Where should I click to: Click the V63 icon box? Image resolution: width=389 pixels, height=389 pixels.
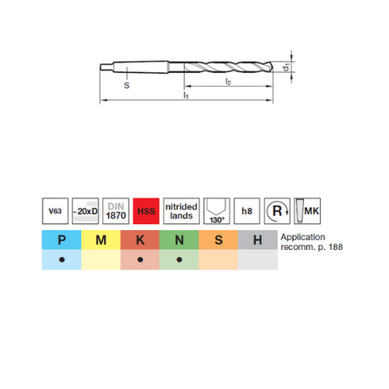click(x=55, y=211)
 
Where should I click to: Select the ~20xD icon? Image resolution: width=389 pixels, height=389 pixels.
click(x=86, y=211)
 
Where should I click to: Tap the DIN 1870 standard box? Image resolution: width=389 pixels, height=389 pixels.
click(x=116, y=211)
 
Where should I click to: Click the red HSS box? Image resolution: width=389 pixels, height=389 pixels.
click(x=146, y=211)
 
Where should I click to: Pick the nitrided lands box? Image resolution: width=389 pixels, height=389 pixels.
click(x=181, y=211)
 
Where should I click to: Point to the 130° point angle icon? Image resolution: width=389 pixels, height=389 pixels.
click(x=217, y=211)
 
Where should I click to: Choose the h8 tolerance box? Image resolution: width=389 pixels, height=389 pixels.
click(x=247, y=211)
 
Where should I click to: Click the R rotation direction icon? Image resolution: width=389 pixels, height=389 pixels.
click(x=277, y=211)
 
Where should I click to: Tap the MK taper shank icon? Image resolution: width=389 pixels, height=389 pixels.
click(x=307, y=211)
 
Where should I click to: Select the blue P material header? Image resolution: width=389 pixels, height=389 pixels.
click(x=61, y=240)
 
